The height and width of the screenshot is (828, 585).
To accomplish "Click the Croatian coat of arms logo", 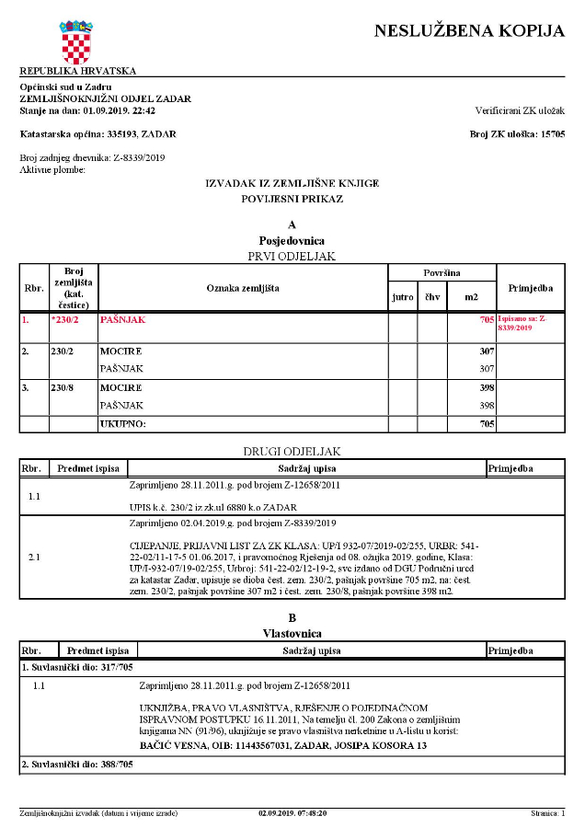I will (x=77, y=41).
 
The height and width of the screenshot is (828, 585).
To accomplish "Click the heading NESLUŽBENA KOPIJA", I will (x=469, y=31).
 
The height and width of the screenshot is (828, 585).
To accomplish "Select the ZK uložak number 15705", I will (x=551, y=133).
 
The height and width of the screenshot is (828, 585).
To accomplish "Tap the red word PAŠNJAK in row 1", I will (x=122, y=320).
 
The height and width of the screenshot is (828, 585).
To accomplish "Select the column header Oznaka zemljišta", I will (x=243, y=288).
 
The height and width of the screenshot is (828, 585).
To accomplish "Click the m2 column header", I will (x=471, y=297).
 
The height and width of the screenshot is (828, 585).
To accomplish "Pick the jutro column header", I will (x=403, y=297).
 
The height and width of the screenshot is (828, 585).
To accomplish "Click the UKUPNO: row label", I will (x=123, y=424).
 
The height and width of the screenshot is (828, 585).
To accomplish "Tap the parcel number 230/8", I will (x=62, y=387).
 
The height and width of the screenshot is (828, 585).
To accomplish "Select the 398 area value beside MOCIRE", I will (x=487, y=387).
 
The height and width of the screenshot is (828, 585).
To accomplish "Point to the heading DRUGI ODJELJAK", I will (x=292, y=451).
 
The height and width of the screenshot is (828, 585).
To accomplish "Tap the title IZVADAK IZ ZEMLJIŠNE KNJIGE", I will (x=292, y=183).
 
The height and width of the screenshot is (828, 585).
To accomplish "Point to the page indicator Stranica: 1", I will (x=548, y=813).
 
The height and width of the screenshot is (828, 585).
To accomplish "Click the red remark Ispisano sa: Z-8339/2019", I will (x=523, y=323).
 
